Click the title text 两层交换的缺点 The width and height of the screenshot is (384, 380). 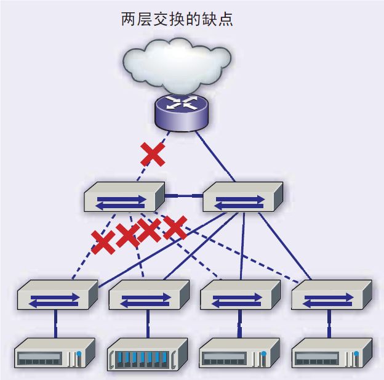coord(177,20)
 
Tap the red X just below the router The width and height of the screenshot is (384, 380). coord(153,154)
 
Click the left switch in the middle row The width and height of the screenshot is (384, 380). coord(124,198)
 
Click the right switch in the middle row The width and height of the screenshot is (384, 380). coord(242,198)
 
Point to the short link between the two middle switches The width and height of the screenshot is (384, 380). coord(183,196)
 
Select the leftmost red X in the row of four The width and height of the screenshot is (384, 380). coord(103,242)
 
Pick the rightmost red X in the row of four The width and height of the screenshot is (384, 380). coord(175,228)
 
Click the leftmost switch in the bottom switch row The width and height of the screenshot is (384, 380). coord(57,296)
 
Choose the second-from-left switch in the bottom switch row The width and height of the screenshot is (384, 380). coord(148,296)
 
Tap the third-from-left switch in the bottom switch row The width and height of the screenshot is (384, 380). coord(240,296)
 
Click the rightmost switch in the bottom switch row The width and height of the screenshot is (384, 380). coord(331,296)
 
